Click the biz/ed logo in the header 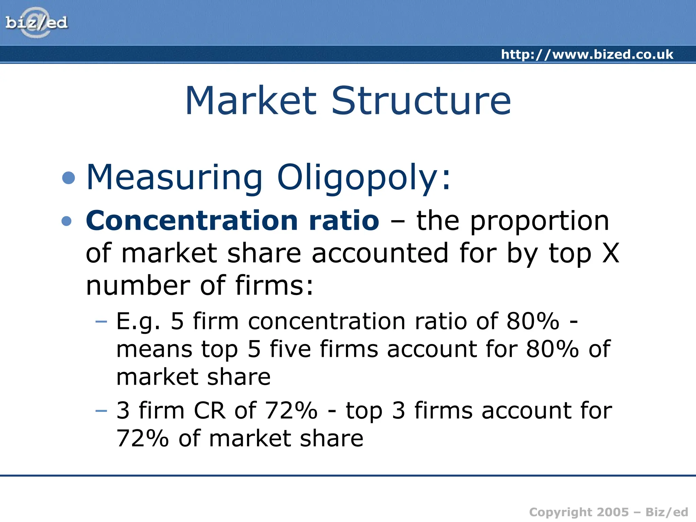point(36,23)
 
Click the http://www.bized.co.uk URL point(587,54)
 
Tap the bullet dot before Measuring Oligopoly point(69,178)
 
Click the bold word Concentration point(192,221)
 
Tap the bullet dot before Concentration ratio point(67,221)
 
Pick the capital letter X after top point(611,253)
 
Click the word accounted point(380,253)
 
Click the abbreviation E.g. point(138,321)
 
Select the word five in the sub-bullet point(290,349)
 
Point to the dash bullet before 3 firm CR point(101,411)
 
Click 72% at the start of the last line point(142,438)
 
